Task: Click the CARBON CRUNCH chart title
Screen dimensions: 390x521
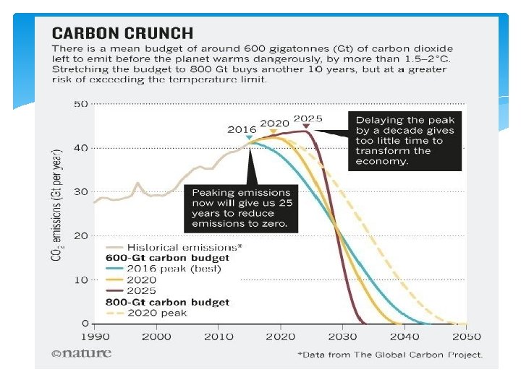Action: click(x=122, y=32)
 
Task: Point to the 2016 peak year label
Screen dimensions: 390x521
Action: click(x=242, y=129)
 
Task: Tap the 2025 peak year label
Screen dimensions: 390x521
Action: click(x=308, y=118)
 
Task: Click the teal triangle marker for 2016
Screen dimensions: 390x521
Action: click(x=249, y=137)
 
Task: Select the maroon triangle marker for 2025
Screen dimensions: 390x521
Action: click(x=306, y=126)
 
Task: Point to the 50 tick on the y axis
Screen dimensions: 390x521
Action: click(x=80, y=104)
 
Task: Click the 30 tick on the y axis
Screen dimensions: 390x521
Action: click(x=80, y=191)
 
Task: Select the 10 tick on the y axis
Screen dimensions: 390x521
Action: click(x=80, y=279)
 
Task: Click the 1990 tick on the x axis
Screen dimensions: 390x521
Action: click(x=93, y=337)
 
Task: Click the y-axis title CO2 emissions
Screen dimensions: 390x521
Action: click(x=56, y=206)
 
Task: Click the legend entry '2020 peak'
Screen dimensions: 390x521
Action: click(x=157, y=313)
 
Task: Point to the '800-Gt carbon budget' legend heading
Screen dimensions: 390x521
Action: click(x=168, y=302)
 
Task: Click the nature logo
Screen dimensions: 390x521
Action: click(x=82, y=353)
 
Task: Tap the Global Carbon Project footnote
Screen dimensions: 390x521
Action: click(x=390, y=355)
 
